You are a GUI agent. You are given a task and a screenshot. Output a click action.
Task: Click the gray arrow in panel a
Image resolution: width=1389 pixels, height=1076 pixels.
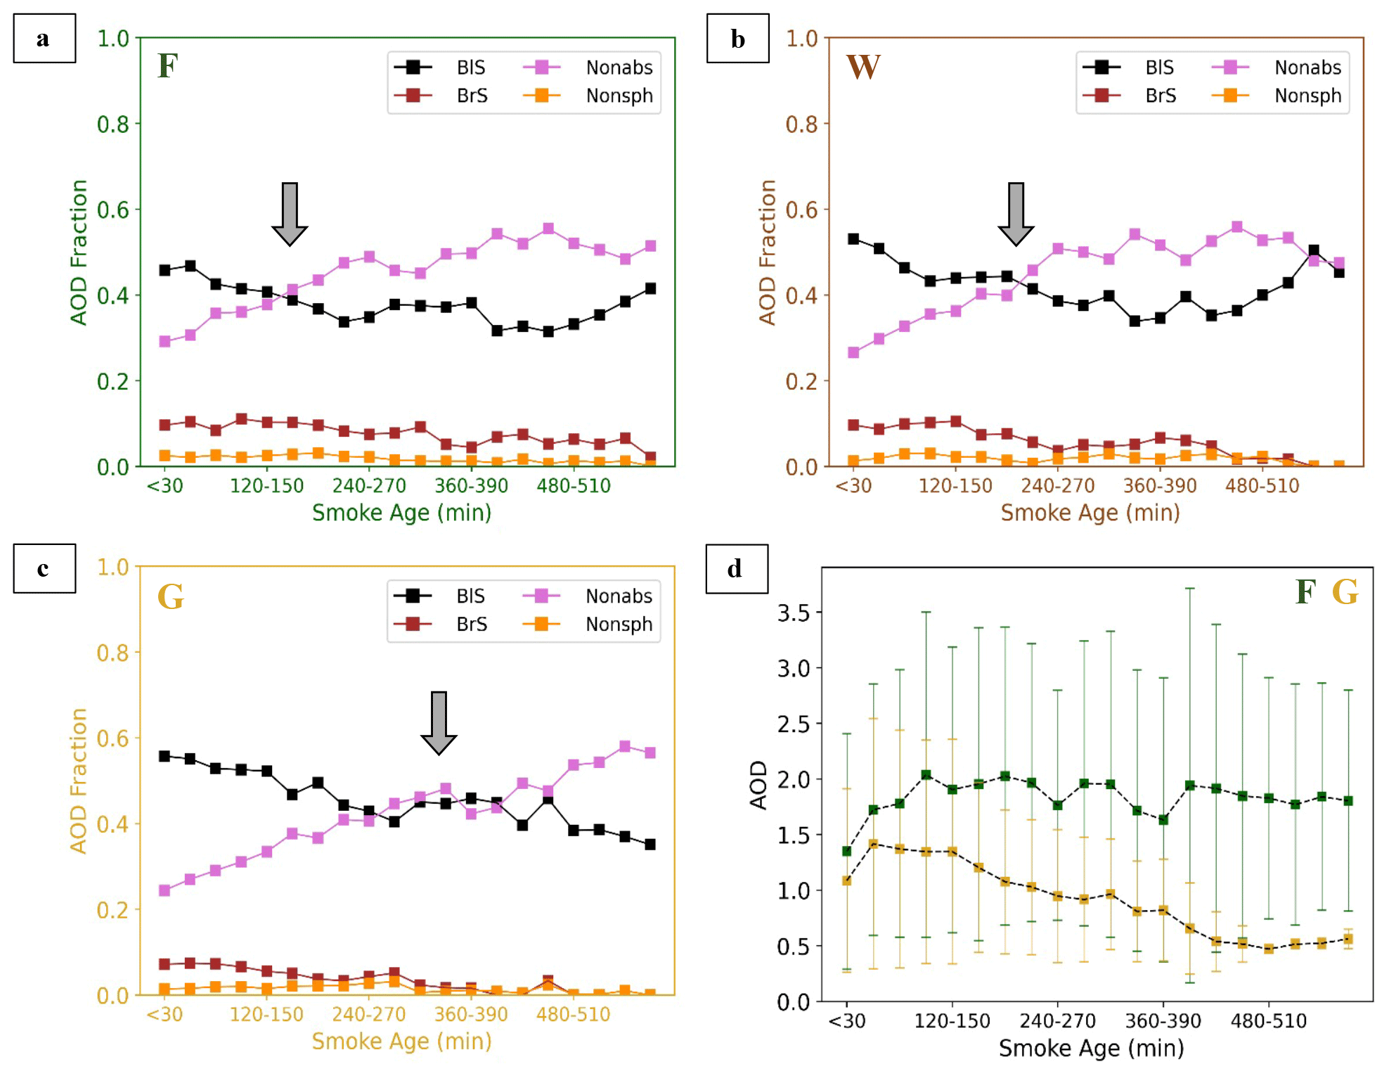click(290, 214)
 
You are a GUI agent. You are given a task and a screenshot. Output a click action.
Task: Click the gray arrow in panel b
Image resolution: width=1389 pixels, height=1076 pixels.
click(1016, 214)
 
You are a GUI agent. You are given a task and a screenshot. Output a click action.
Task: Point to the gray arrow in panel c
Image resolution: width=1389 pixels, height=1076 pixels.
click(439, 723)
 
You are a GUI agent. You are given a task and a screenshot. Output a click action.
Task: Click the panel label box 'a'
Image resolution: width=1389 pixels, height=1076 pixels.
click(44, 39)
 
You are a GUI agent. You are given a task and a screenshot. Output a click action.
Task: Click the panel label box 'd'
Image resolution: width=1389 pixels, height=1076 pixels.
click(737, 568)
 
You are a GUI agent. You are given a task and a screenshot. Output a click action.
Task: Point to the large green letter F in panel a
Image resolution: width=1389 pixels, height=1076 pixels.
click(167, 66)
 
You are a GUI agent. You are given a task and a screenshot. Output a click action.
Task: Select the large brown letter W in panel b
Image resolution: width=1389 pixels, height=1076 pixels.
click(863, 68)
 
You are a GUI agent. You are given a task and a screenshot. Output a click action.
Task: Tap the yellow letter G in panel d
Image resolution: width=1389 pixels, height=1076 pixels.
click(1345, 592)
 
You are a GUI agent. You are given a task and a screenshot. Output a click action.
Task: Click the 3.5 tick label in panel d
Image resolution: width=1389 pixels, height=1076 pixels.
click(793, 613)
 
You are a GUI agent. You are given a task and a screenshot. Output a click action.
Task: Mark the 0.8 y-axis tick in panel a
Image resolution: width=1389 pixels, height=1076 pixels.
click(112, 124)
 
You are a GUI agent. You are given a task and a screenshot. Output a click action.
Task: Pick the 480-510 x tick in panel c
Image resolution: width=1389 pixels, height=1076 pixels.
click(573, 1015)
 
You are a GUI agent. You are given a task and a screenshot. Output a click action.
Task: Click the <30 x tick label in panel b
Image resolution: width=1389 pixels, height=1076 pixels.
click(853, 486)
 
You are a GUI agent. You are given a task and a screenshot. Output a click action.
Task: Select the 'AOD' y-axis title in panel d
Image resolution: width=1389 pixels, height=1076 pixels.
click(758, 785)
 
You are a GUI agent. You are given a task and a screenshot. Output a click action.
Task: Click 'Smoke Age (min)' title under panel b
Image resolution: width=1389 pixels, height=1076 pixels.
click(1090, 513)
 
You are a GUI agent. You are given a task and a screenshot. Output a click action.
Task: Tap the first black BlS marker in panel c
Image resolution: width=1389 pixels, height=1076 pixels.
click(164, 756)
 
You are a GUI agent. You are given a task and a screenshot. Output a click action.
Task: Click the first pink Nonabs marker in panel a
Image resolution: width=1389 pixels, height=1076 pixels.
click(164, 341)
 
